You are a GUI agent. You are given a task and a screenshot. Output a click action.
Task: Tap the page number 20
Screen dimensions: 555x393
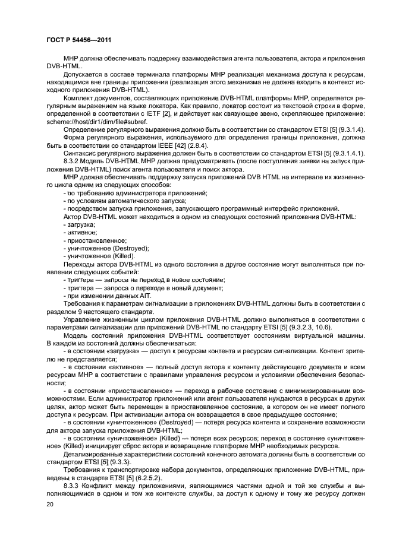click(x=49, y=504)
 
